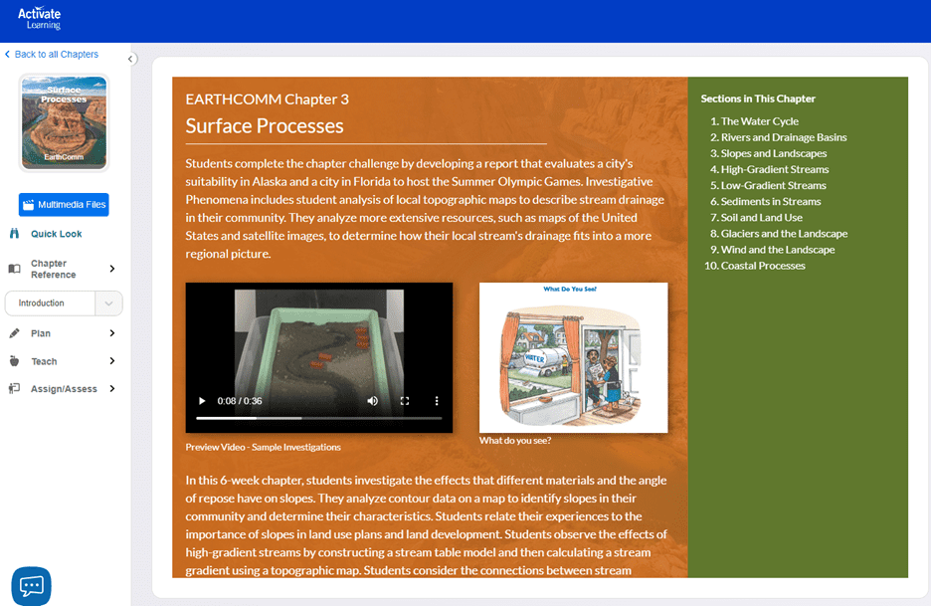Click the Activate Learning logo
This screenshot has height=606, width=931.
pyautogui.click(x=39, y=19)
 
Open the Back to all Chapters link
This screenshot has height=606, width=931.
pyautogui.click(x=52, y=54)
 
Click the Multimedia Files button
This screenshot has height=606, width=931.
pyautogui.click(x=64, y=204)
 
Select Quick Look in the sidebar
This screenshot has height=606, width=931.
pyautogui.click(x=57, y=234)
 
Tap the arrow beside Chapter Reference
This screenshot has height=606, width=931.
pyautogui.click(x=112, y=269)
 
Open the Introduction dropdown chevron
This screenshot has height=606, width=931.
pyautogui.click(x=108, y=303)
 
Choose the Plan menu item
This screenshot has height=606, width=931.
pyautogui.click(x=41, y=333)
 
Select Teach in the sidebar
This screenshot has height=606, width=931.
pyautogui.click(x=44, y=361)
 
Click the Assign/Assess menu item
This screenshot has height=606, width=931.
pyautogui.click(x=64, y=389)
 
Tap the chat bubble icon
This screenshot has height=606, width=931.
pyautogui.click(x=32, y=586)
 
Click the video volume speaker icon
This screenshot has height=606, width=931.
pyautogui.click(x=372, y=401)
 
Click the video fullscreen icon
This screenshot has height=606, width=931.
pyautogui.click(x=405, y=401)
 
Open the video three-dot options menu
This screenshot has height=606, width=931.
pyautogui.click(x=437, y=401)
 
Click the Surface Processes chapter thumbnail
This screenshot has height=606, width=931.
pyautogui.click(x=64, y=122)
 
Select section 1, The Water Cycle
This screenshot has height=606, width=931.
pyautogui.click(x=755, y=121)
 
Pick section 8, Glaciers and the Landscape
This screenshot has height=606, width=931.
pyautogui.click(x=779, y=234)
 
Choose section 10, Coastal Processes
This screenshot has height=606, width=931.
pyautogui.click(x=755, y=266)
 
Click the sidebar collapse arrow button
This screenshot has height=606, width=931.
pyautogui.click(x=131, y=59)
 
